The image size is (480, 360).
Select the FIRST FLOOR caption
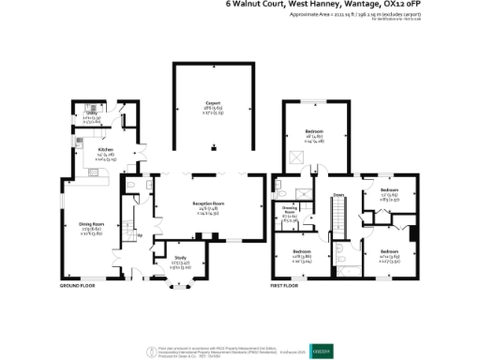pyautogui.click(x=285, y=284)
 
